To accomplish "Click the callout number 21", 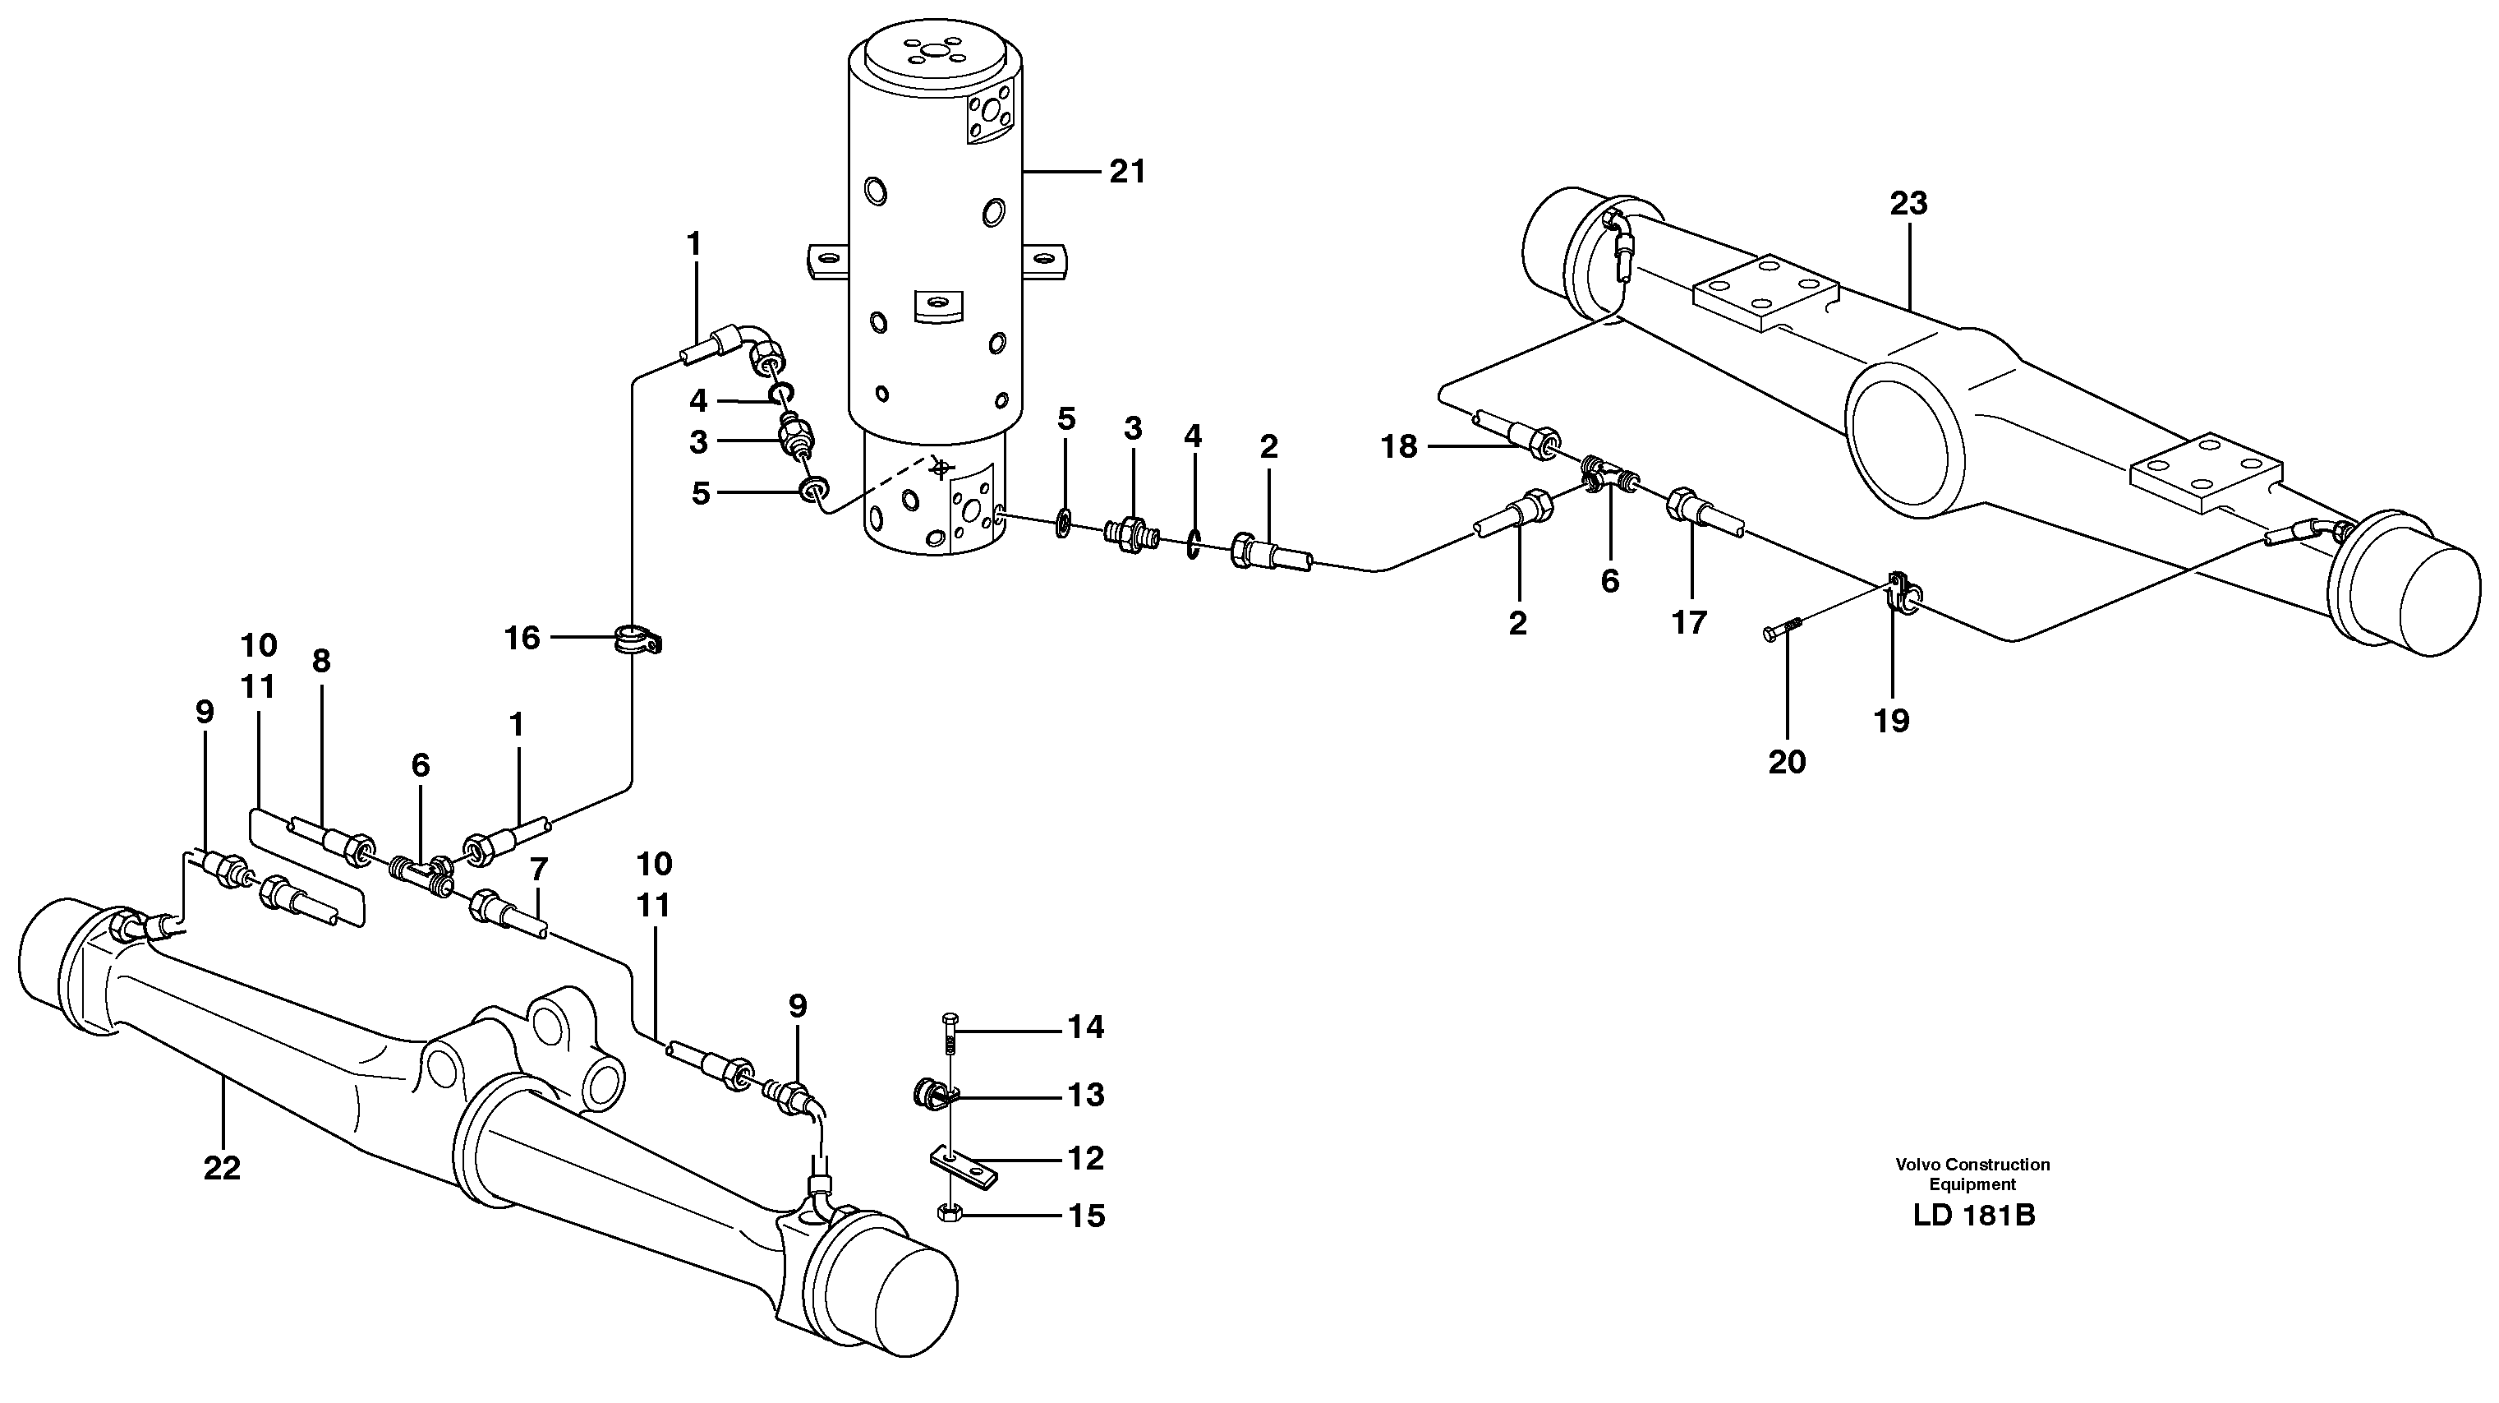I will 1127,172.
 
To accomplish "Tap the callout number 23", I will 1908,204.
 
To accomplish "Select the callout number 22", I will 221,1168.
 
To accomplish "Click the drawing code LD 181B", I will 1973,1243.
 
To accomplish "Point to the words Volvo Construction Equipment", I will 1972,1174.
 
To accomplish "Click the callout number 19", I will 1891,720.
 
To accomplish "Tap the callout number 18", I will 1399,446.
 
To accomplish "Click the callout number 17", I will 1688,622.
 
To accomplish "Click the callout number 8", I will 320,661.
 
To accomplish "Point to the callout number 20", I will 1786,762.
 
